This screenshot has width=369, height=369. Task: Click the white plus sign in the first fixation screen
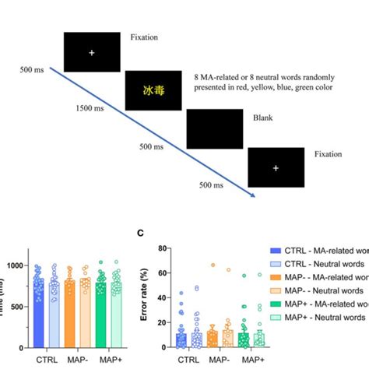point(91,53)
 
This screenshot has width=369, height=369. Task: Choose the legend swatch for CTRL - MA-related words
point(273,250)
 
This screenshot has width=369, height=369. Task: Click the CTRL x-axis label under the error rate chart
point(188,360)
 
